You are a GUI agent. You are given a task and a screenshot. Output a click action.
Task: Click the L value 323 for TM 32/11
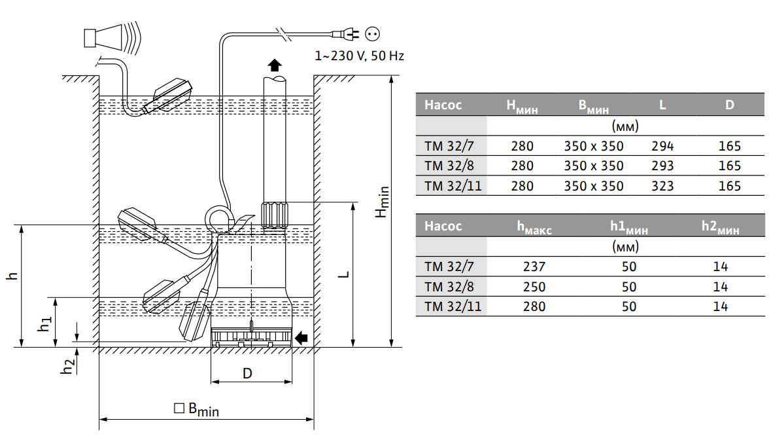[x=662, y=186]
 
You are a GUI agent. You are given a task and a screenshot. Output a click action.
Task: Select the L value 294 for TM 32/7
[x=662, y=146]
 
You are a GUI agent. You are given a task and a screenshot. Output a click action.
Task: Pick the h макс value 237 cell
[x=534, y=266]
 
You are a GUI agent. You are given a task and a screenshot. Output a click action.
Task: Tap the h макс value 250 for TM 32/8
[x=534, y=287]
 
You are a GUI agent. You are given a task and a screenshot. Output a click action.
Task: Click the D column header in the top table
[x=730, y=105]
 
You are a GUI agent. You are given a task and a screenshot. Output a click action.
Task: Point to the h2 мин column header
[x=721, y=227]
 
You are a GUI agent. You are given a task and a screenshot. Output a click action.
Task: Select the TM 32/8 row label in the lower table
[x=449, y=287]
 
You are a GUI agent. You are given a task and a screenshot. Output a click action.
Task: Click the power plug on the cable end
[x=347, y=34]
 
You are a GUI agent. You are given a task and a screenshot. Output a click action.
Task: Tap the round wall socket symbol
[x=372, y=34]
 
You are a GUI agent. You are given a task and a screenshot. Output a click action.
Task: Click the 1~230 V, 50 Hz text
[x=360, y=56]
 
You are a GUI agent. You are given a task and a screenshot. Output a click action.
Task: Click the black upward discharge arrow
[x=275, y=65]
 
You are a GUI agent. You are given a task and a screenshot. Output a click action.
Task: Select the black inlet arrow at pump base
[x=301, y=338]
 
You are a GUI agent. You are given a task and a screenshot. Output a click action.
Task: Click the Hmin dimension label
[x=381, y=202]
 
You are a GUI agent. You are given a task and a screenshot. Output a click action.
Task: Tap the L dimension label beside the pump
[x=344, y=274]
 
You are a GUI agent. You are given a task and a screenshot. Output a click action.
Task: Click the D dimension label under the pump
[x=247, y=374]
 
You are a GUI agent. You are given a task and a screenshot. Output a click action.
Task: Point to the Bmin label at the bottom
[x=197, y=409]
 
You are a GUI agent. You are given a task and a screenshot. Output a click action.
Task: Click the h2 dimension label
[x=68, y=365]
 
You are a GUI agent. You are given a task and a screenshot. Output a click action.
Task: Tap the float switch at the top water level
[x=167, y=96]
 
